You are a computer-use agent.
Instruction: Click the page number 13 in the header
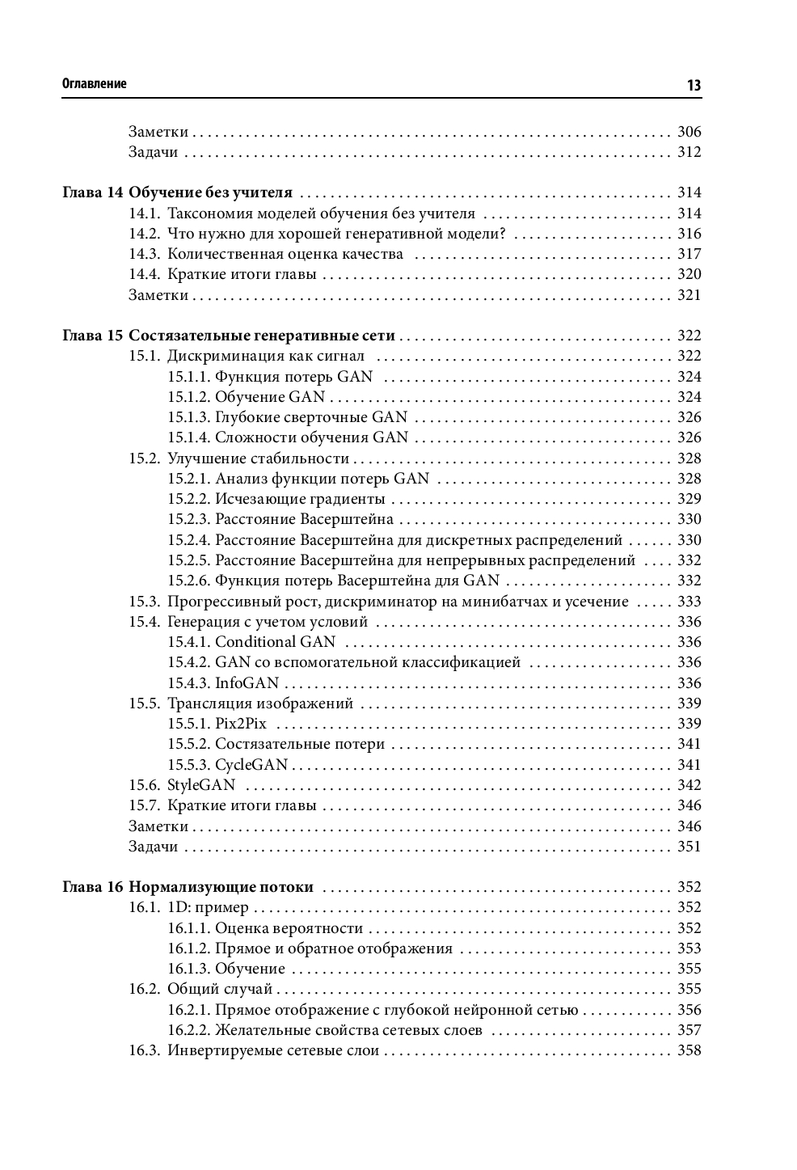click(694, 85)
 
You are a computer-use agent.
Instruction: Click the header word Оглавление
click(94, 84)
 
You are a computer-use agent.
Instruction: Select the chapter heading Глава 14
click(92, 192)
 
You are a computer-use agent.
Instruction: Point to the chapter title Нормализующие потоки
click(221, 887)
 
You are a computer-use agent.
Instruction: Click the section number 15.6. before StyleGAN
click(145, 785)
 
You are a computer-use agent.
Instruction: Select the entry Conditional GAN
click(275, 642)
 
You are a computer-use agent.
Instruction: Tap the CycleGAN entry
click(251, 765)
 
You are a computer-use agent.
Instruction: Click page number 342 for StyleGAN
click(689, 785)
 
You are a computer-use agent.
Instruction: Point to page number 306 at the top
click(689, 132)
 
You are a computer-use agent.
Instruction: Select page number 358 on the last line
click(689, 1050)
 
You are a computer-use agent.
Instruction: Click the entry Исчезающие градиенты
click(300, 499)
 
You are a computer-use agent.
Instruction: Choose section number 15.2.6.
click(189, 581)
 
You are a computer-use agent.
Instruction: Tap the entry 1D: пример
click(208, 907)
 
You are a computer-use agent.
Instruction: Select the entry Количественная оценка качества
click(285, 254)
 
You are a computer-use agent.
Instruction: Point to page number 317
click(689, 254)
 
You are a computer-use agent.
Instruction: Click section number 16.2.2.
click(189, 1030)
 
